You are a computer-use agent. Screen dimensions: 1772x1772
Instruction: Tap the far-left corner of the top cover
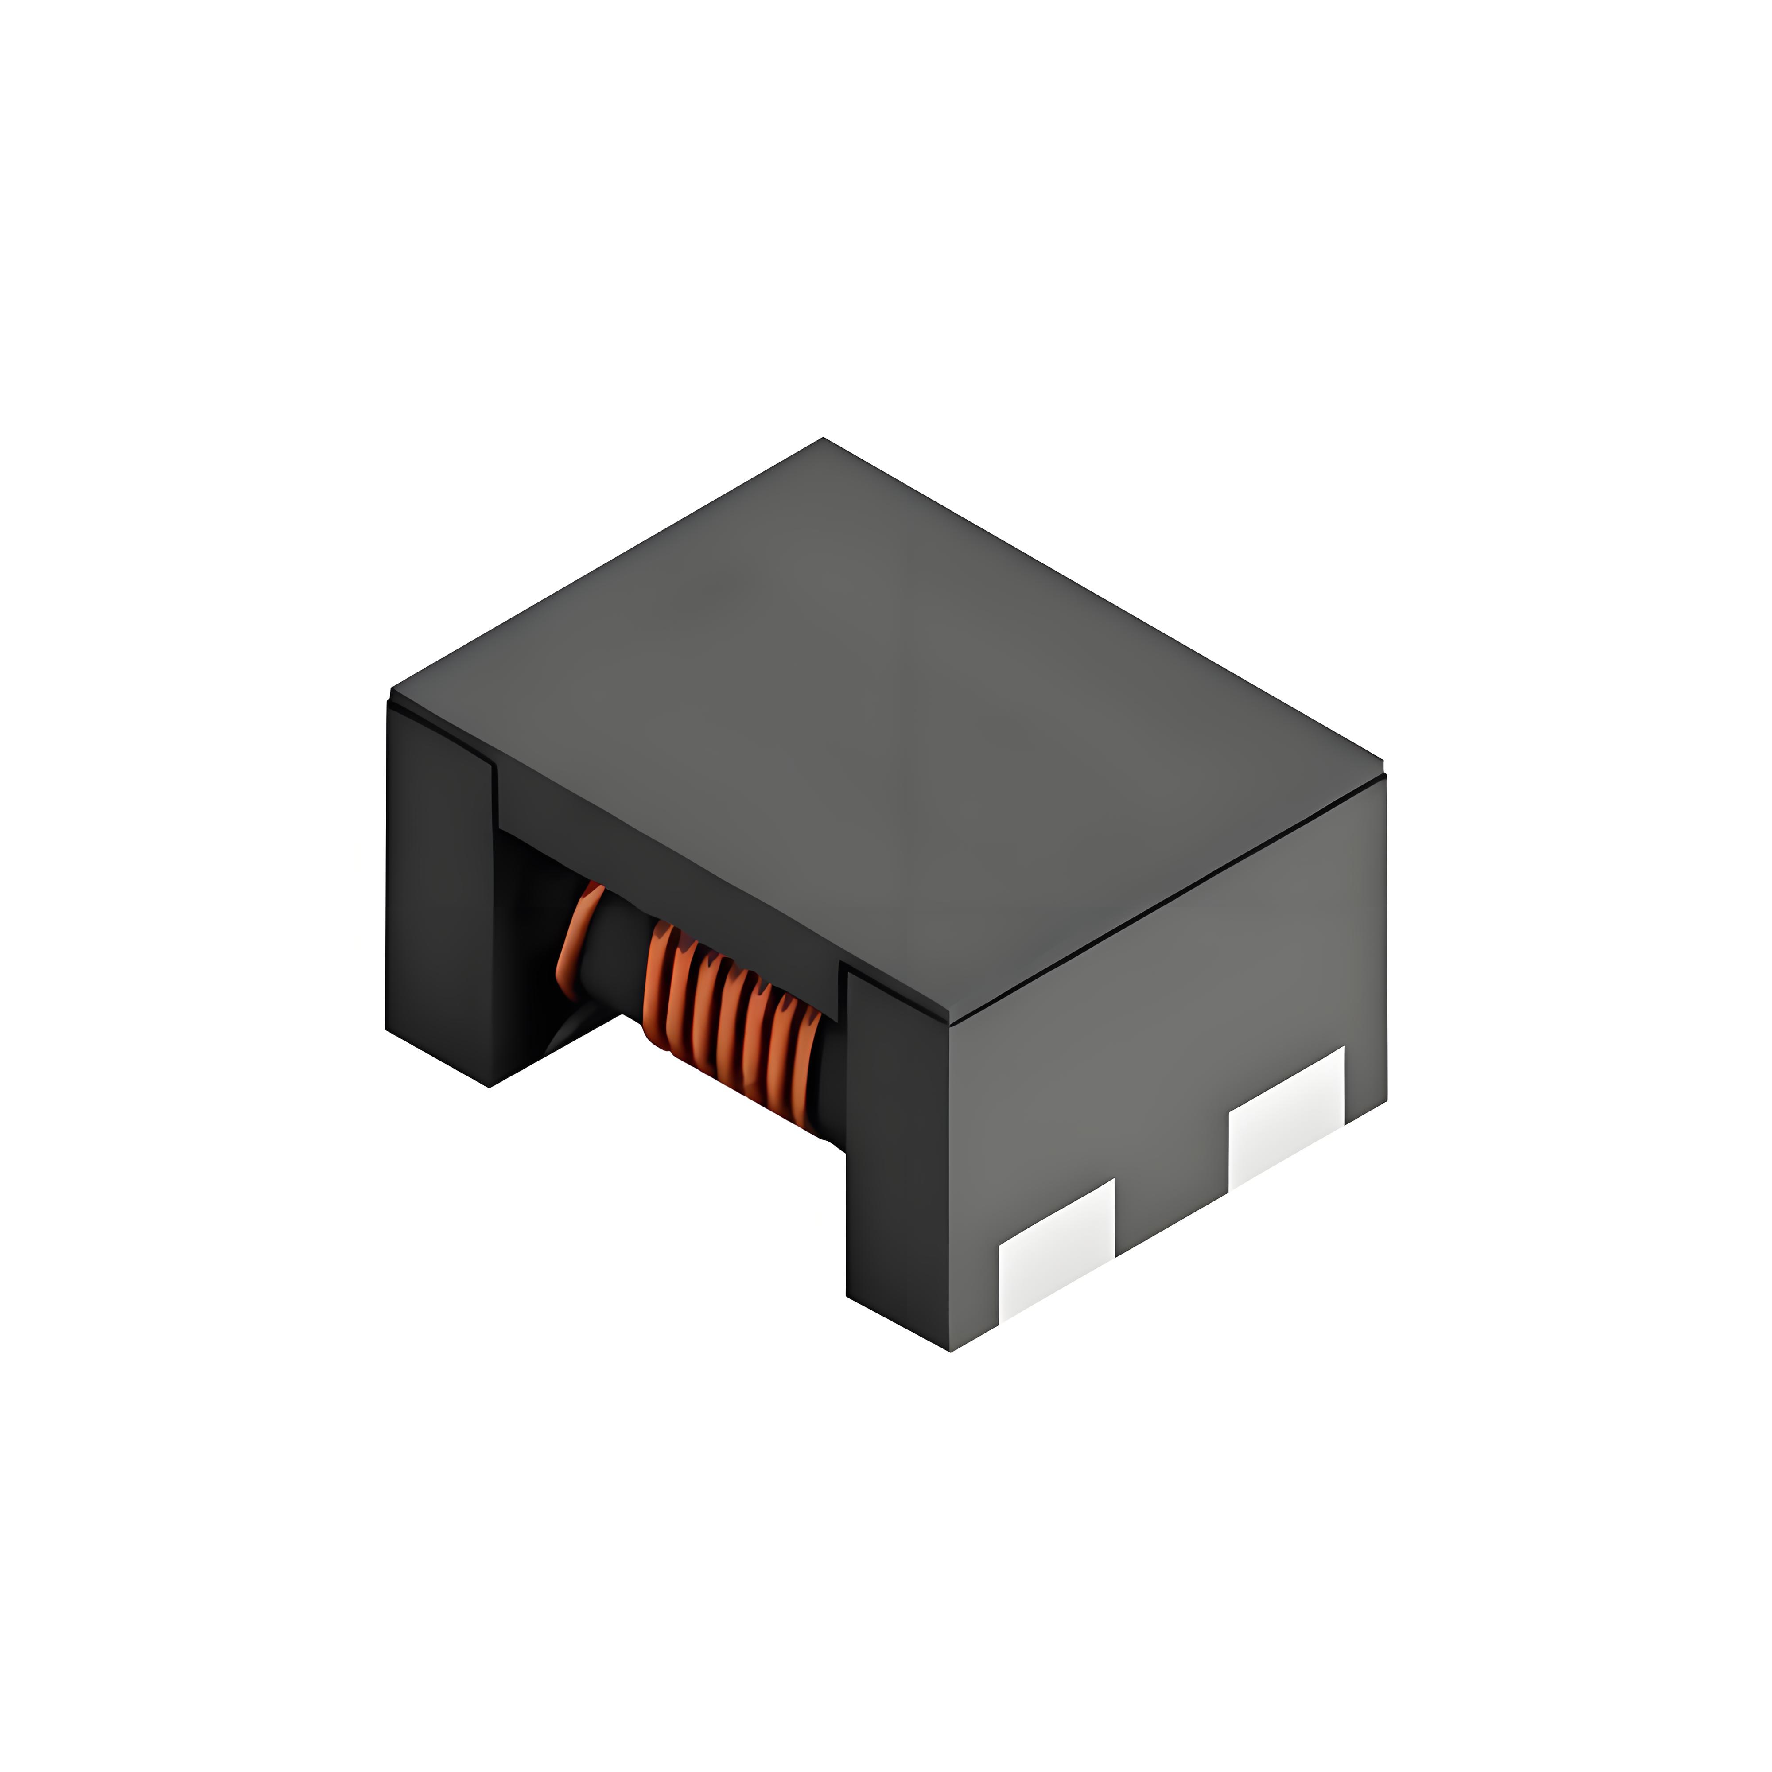[x=392, y=688]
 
